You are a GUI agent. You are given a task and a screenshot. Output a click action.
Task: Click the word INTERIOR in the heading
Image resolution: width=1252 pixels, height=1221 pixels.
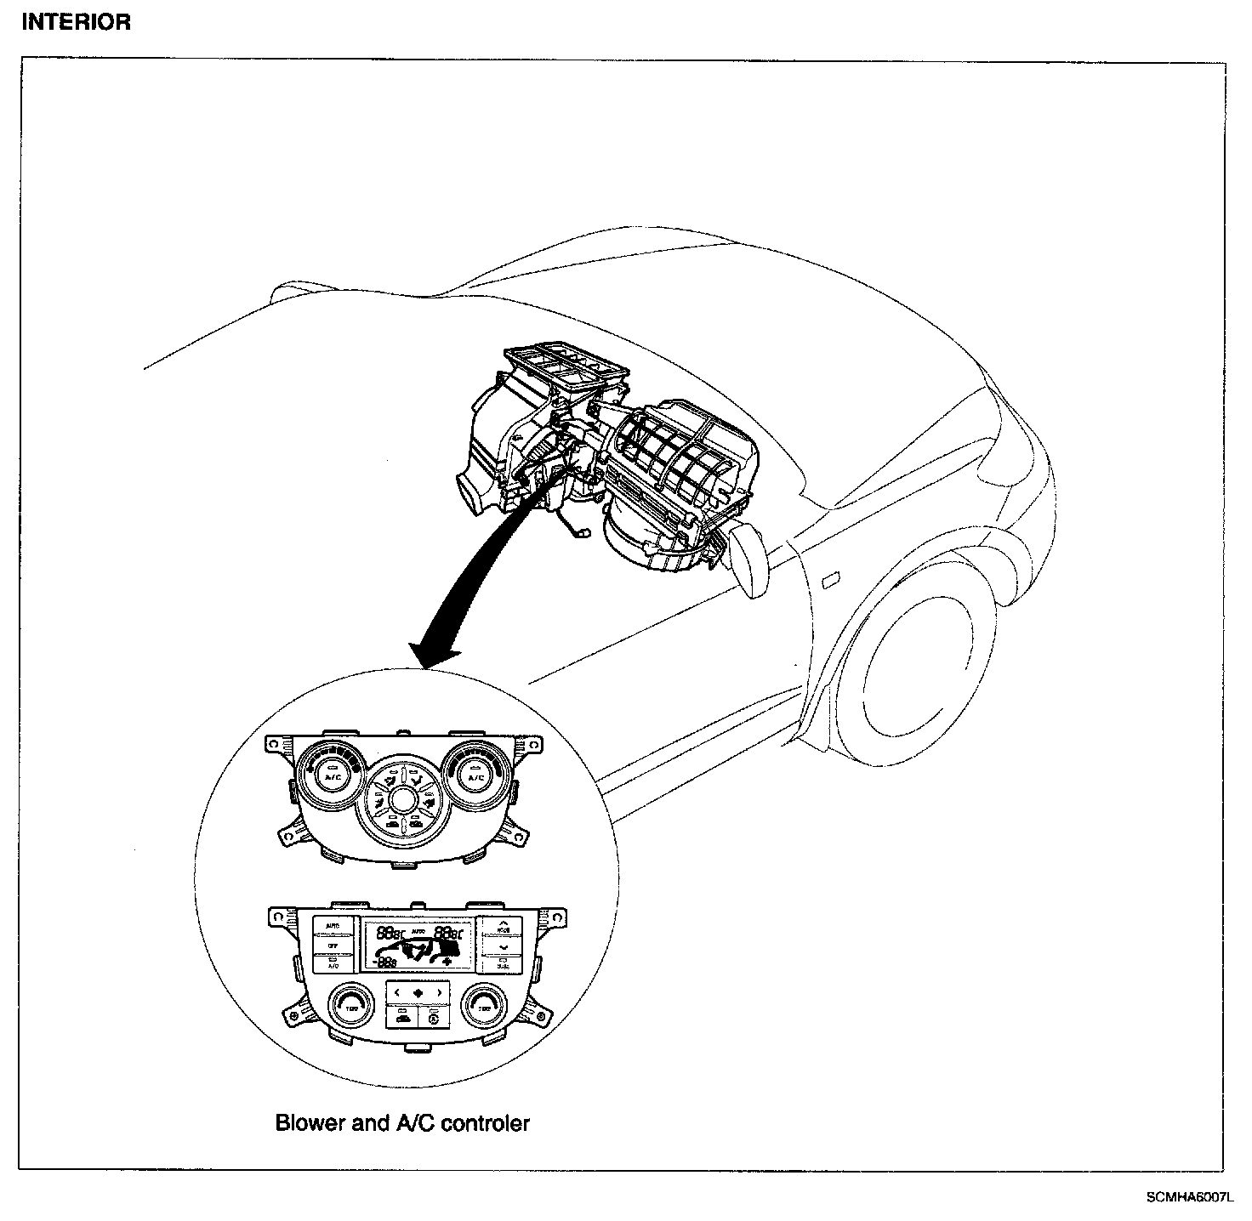click(76, 23)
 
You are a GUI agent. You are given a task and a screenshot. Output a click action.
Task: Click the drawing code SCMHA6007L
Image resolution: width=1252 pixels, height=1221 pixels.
click(1187, 1197)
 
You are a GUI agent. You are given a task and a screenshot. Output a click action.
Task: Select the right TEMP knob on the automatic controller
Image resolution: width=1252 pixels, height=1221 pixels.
click(483, 1006)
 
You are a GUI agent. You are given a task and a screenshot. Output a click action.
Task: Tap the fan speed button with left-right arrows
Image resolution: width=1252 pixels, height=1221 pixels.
click(418, 992)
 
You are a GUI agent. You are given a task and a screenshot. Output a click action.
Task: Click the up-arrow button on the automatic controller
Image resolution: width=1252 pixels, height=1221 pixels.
click(504, 925)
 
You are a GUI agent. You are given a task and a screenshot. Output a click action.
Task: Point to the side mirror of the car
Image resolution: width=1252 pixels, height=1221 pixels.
click(748, 559)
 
